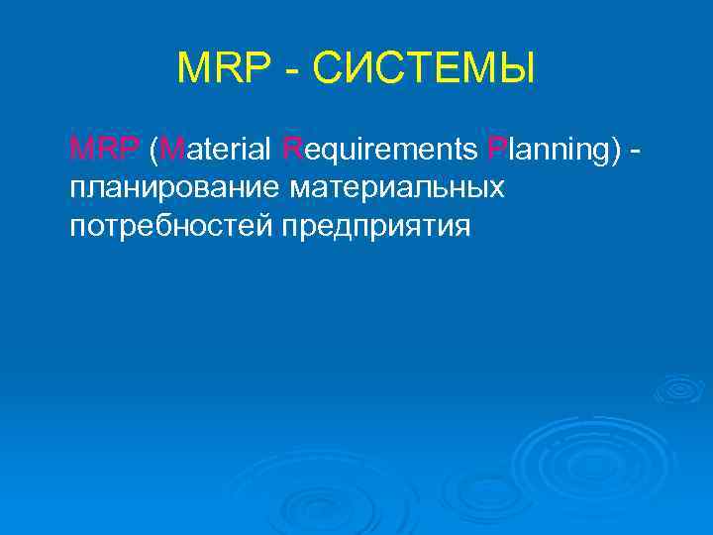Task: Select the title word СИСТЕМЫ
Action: point(420,68)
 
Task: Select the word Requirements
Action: point(380,151)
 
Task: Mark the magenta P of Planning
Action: point(495,150)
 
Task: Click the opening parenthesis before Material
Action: point(153,151)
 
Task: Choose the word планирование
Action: point(174,188)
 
